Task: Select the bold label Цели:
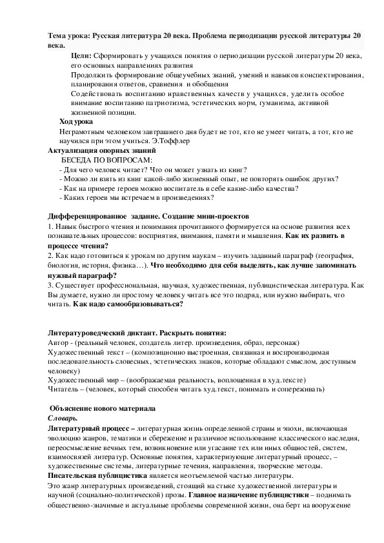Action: click(x=81, y=56)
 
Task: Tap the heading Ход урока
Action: click(x=76, y=121)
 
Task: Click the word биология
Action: click(x=65, y=265)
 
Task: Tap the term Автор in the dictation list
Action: click(x=59, y=342)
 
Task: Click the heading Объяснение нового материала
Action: click(x=103, y=409)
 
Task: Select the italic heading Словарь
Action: click(x=65, y=419)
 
